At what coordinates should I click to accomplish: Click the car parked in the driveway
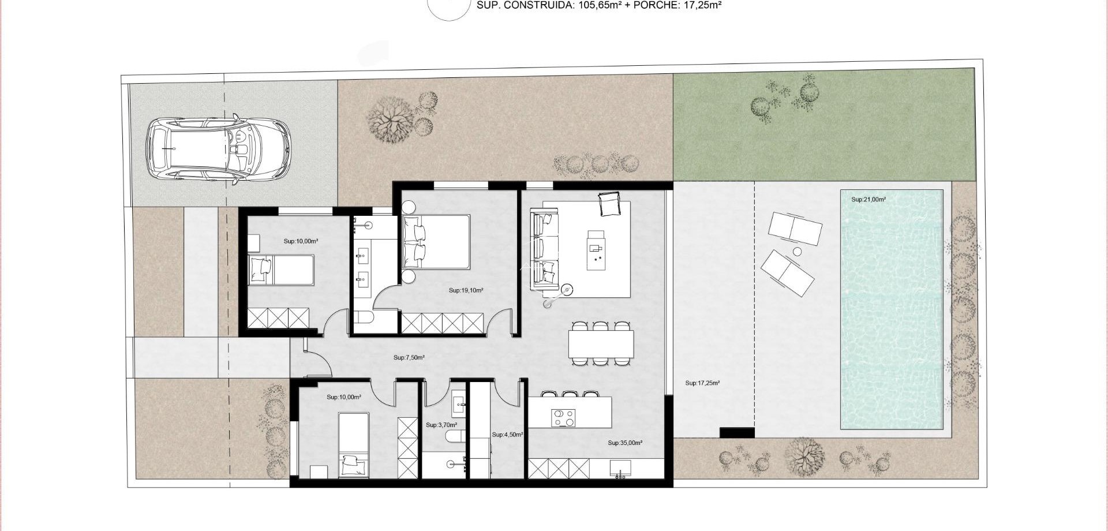(218, 149)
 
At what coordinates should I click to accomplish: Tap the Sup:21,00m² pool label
(868, 200)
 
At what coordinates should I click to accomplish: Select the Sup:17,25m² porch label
(702, 383)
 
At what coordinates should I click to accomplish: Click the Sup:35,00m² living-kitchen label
(624, 443)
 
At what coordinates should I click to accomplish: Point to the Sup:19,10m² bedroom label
(466, 291)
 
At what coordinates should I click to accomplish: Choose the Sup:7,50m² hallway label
(409, 358)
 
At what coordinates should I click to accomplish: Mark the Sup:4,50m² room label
(507, 435)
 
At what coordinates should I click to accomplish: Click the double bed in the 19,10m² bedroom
(437, 241)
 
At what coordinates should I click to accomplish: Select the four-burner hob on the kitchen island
(563, 418)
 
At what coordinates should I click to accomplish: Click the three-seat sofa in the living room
(545, 251)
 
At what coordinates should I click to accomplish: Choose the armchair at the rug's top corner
(609, 204)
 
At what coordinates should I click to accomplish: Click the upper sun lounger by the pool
(795, 229)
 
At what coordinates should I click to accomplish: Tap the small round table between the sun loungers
(797, 252)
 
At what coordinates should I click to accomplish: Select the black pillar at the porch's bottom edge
(736, 432)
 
